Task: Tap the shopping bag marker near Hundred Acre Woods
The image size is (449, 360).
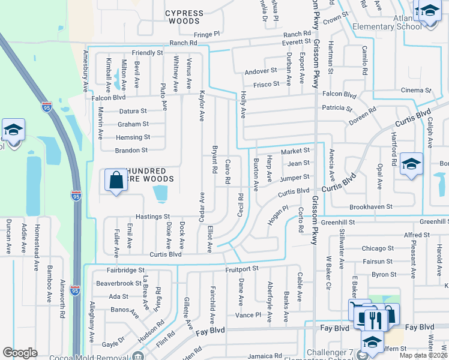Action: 116,181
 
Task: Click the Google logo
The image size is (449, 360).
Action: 20,353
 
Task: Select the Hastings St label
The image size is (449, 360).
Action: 155,217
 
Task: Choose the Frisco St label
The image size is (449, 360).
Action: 266,84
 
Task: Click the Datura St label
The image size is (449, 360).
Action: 133,111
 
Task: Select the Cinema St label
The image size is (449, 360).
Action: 416,91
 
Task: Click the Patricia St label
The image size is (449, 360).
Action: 337,109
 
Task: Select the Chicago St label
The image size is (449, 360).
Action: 378,248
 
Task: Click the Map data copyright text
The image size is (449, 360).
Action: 423,355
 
